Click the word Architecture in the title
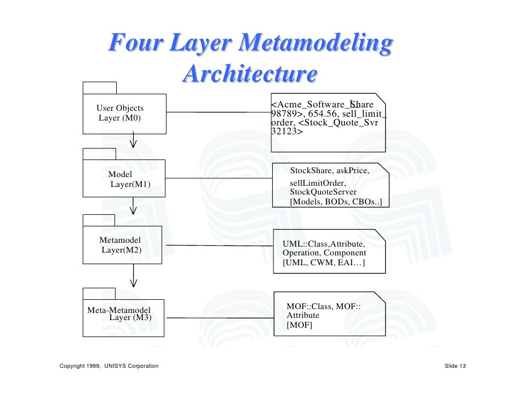(x=250, y=74)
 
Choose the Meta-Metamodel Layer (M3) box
(x=123, y=318)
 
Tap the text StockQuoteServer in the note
(x=323, y=192)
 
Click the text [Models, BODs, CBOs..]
(x=335, y=202)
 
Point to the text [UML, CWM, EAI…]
(x=324, y=264)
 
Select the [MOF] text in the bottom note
(x=299, y=326)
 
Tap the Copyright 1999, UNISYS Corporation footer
(x=109, y=366)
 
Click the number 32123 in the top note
(x=284, y=132)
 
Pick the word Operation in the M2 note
(x=301, y=253)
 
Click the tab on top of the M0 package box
(x=99, y=88)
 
